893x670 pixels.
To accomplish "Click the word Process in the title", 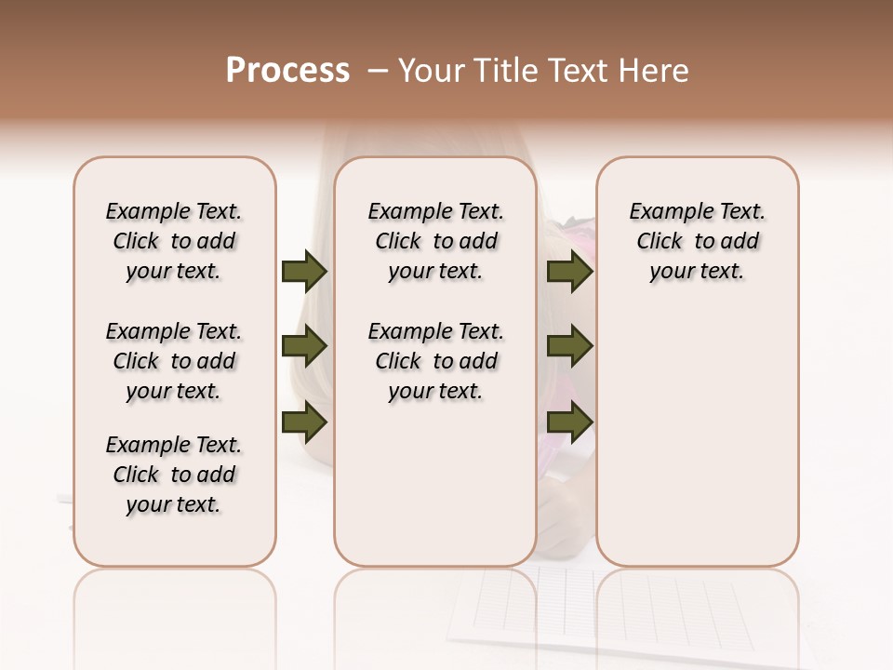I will pos(287,71).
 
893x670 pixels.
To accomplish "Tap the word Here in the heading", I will pos(655,71).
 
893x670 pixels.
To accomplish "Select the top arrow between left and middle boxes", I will pos(303,271).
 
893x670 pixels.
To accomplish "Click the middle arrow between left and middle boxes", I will pos(303,346).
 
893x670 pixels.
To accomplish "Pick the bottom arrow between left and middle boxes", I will pos(303,422).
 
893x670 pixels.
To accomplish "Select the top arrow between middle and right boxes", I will pos(569,271).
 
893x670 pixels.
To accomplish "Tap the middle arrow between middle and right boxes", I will pos(569,346).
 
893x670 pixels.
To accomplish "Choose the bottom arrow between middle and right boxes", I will pos(569,422).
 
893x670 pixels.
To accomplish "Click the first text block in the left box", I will pos(174,241).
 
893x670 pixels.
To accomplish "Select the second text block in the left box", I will pos(174,361).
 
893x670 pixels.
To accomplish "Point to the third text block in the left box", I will pos(174,475).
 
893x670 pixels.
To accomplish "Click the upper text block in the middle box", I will pos(435,241).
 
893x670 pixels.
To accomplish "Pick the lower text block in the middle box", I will pos(435,361).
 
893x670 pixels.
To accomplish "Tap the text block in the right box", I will pos(697,241).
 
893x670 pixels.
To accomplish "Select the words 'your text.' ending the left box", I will pos(174,504).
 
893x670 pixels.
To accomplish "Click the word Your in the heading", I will pos(426,71).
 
